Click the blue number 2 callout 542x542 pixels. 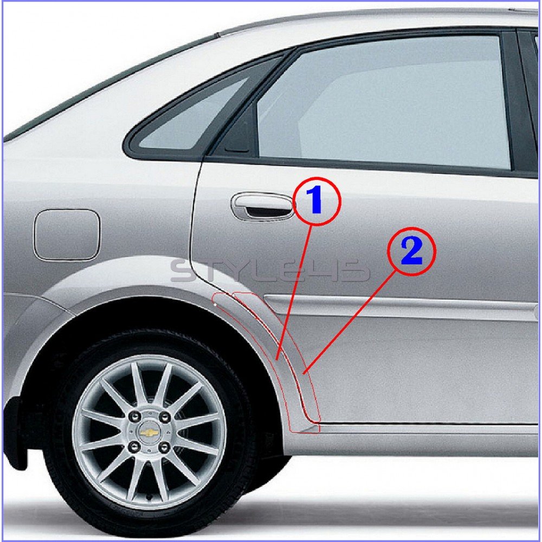pos(411,251)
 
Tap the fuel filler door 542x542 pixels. pos(67,235)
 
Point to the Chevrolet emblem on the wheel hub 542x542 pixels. pos(149,432)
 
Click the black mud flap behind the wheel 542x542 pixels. pos(15,436)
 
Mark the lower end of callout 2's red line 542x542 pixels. pos(303,373)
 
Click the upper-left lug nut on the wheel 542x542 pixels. pos(132,417)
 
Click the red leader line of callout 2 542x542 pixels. pos(349,323)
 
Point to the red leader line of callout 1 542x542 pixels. pos(294,293)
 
